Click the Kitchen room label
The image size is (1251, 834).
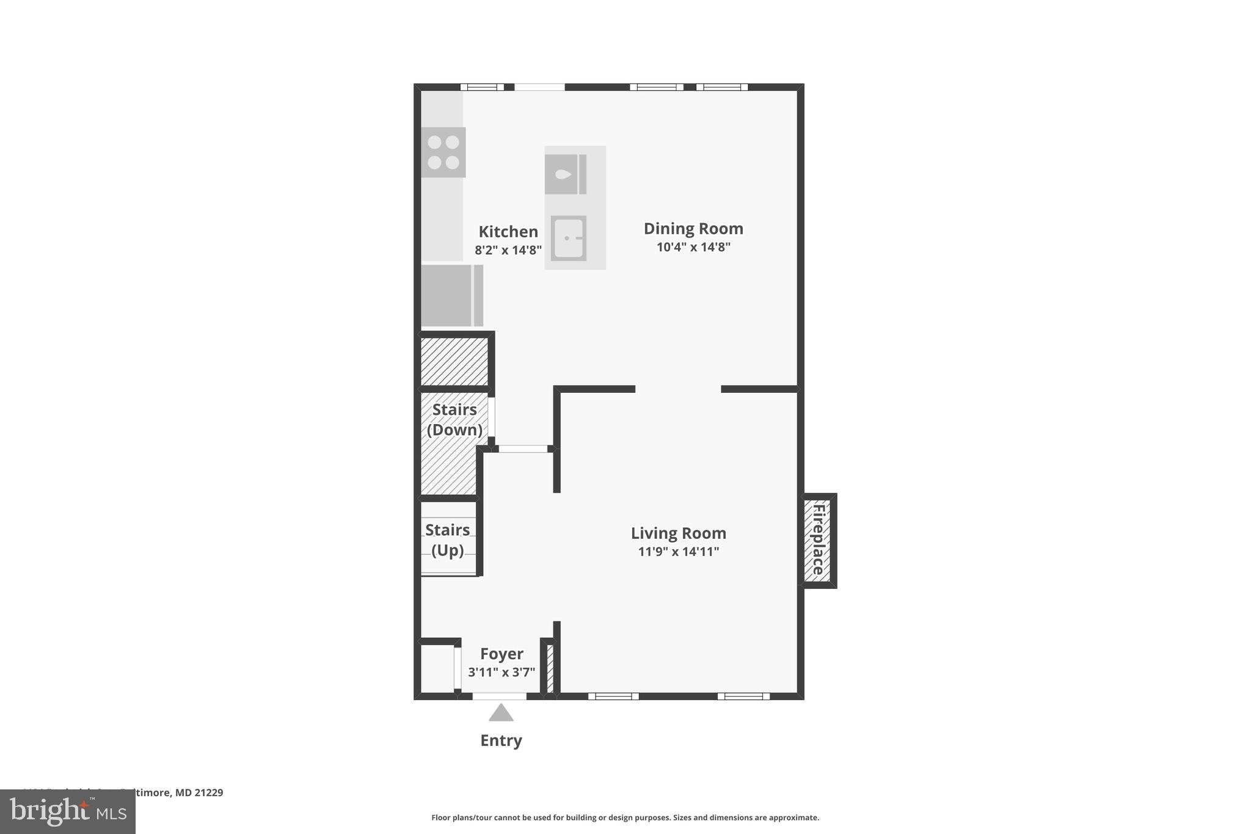(x=508, y=232)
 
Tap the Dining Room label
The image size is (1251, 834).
(x=693, y=229)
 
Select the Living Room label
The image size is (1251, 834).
(x=678, y=533)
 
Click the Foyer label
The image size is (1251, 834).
(x=501, y=654)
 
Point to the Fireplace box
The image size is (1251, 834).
(x=818, y=540)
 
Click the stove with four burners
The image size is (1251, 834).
(x=443, y=152)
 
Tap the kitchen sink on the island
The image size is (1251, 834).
(x=569, y=238)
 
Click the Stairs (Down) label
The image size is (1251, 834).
(x=454, y=420)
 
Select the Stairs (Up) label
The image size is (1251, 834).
(x=448, y=540)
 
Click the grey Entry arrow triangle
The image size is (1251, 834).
(x=501, y=713)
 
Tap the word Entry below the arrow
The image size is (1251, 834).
(x=501, y=741)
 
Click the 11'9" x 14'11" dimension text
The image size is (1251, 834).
(x=678, y=552)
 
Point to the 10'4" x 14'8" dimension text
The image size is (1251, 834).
(x=693, y=247)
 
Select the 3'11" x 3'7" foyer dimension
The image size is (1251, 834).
(x=501, y=673)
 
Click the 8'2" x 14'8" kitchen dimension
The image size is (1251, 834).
(x=508, y=250)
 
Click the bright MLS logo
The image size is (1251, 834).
(x=68, y=812)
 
